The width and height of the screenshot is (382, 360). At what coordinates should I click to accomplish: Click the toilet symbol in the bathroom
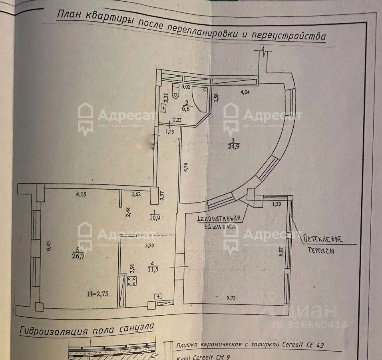pos(175,92)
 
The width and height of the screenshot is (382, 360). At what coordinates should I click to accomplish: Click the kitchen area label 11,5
pos(150,269)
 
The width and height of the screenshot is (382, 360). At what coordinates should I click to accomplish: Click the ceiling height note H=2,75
pos(98,294)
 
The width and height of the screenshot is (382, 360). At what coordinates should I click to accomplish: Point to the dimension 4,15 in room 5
pos(82,195)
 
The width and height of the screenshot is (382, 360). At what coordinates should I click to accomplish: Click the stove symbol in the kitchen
pos(132,281)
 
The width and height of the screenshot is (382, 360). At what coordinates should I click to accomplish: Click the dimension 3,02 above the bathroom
pos(186,86)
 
